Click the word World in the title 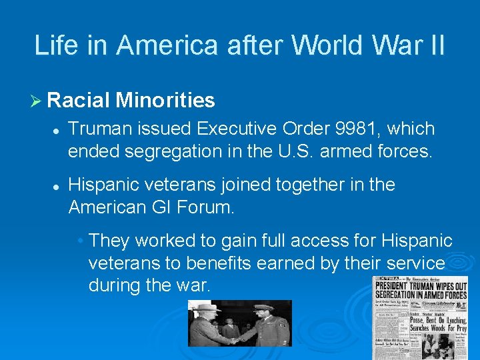pos(322,45)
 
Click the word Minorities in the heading pos(165,101)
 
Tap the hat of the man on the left pos(203,307)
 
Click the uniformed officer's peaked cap pos(261,309)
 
